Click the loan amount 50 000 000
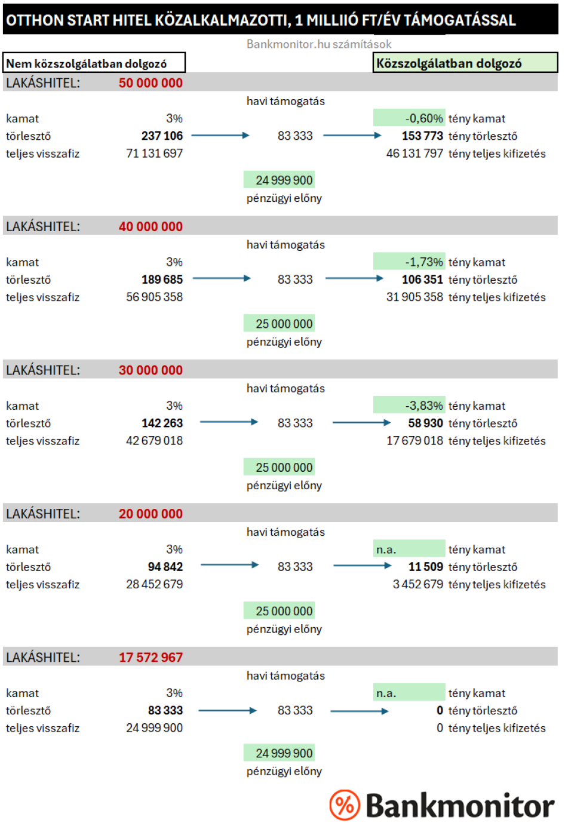151,83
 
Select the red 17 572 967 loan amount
151,658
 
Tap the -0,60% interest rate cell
410,118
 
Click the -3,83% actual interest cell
410,406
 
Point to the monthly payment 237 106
162,136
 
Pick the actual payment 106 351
422,280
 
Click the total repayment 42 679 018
154,441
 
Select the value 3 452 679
417,584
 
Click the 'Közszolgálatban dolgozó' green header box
465,63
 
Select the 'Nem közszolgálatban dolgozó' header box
94,63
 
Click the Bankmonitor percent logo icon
345,805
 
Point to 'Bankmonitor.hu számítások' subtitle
319,44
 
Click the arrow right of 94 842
229,565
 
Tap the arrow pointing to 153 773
352,136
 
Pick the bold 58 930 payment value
425,423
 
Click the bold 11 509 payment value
425,567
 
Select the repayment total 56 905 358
154,297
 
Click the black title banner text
260,20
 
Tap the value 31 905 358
414,297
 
